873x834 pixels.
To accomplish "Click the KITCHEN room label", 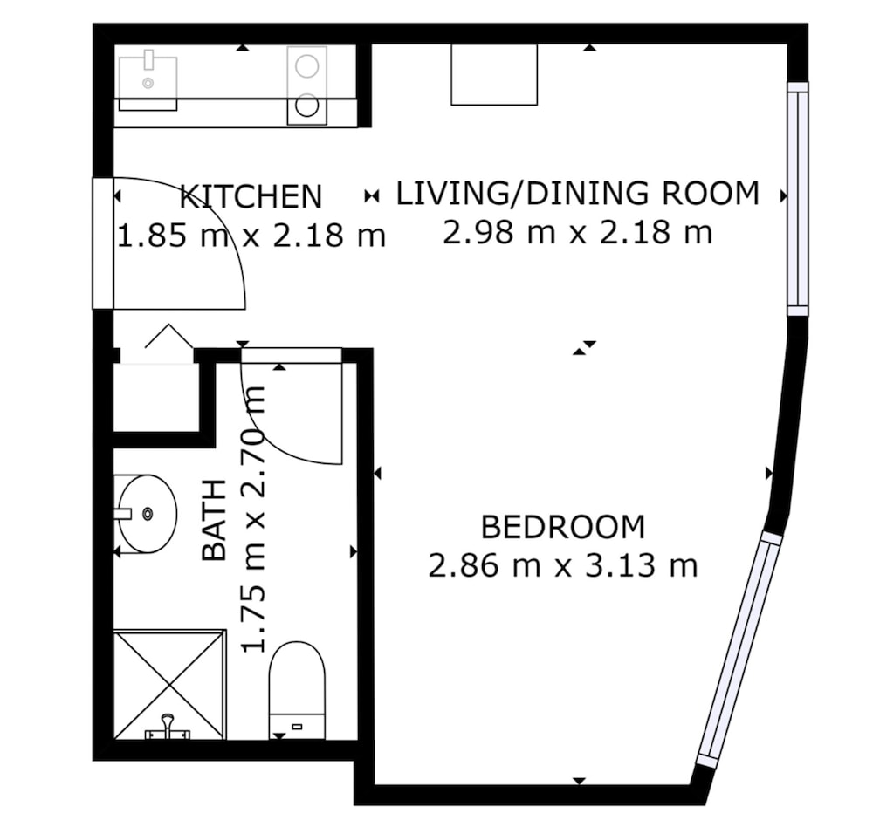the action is pyautogui.click(x=251, y=196).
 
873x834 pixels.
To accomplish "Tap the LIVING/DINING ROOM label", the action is pyautogui.click(x=577, y=193).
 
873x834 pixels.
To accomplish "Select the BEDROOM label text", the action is pyautogui.click(x=563, y=527).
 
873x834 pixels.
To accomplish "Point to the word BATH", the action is pyautogui.click(x=215, y=520).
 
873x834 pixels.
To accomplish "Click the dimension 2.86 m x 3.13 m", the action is pyautogui.click(x=563, y=566).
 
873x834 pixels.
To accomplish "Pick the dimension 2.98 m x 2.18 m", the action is pyautogui.click(x=577, y=233).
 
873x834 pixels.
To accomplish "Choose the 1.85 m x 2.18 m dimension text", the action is pyautogui.click(x=251, y=236).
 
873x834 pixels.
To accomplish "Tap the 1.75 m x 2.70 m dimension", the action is pyautogui.click(x=253, y=518).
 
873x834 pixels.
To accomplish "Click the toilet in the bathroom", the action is pyautogui.click(x=297, y=690).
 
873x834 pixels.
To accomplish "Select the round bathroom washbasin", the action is pyautogui.click(x=146, y=514).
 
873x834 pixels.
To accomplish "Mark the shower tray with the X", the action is pyautogui.click(x=170, y=685).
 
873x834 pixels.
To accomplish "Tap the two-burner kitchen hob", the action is pyautogui.click(x=306, y=85).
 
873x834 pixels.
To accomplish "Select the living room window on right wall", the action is pyautogui.click(x=797, y=199).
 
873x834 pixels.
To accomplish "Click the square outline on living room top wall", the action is pyautogui.click(x=494, y=74).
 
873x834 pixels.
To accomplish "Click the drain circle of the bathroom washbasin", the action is pyautogui.click(x=148, y=514).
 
